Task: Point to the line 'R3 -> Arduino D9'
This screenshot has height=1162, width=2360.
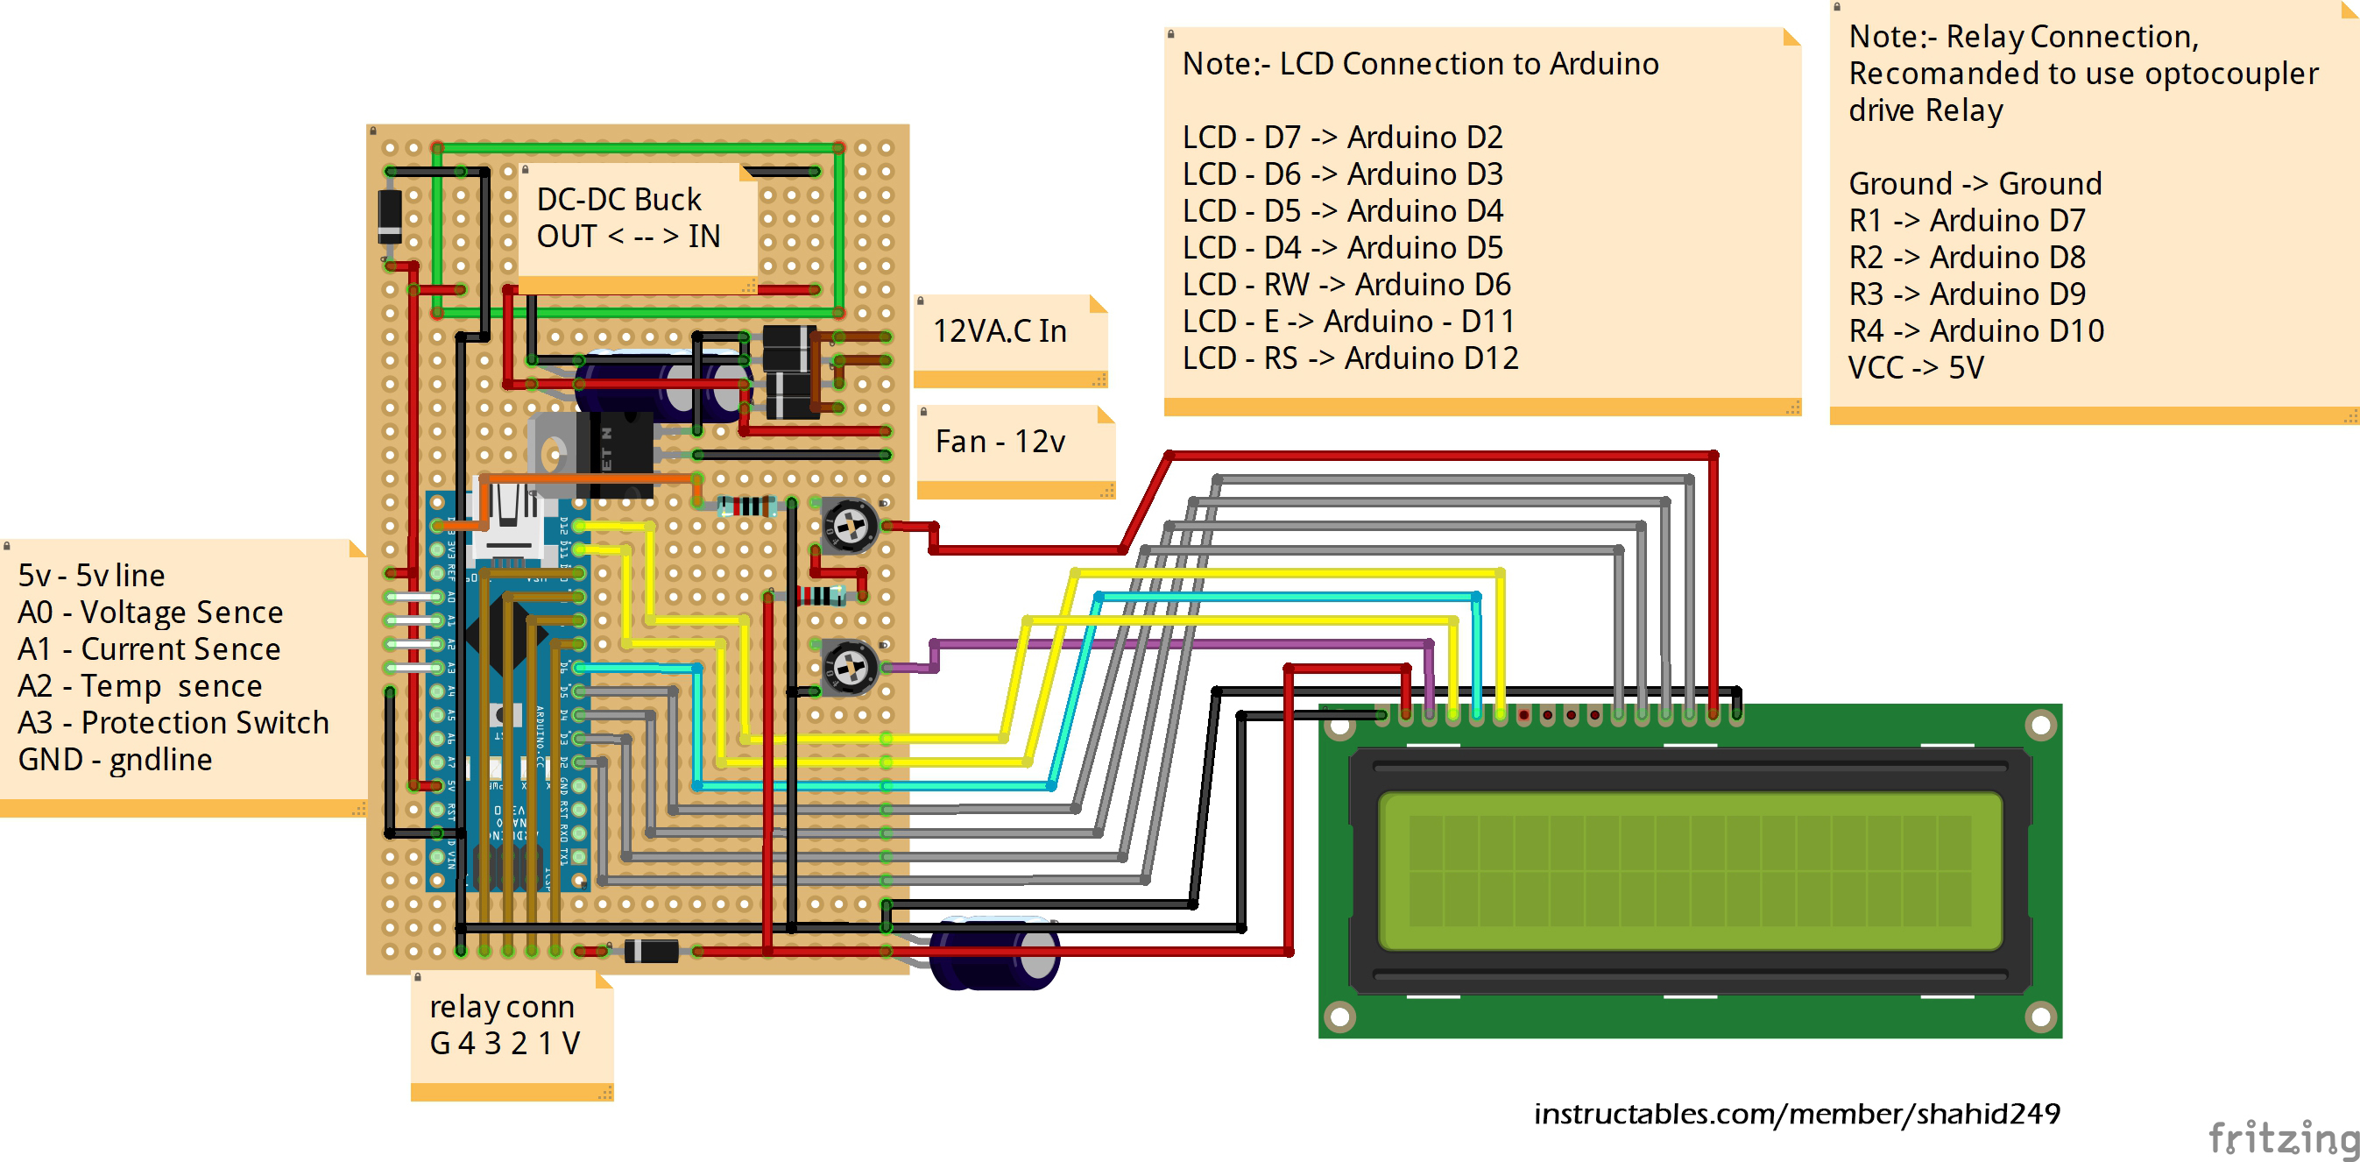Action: (1966, 294)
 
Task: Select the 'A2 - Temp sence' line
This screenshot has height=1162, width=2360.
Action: (139, 686)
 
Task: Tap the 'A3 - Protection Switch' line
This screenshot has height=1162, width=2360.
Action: (173, 723)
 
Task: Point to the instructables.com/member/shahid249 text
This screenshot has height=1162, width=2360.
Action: (1796, 1115)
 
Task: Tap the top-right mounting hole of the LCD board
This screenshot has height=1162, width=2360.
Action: (2040, 726)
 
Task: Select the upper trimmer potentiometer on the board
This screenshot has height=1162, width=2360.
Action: (849, 525)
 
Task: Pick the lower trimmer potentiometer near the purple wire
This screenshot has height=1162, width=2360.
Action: (849, 667)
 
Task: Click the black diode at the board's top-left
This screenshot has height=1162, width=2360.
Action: (391, 217)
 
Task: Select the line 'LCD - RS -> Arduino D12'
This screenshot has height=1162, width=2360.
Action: (1348, 358)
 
